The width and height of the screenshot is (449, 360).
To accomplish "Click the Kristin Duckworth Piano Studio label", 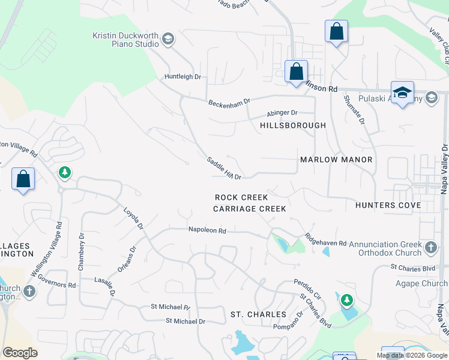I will (x=125, y=40).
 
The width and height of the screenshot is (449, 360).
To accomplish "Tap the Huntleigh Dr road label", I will (x=182, y=77).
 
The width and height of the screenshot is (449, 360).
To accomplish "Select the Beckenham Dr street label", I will (x=229, y=103).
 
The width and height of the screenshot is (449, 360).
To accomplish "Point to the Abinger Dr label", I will (x=282, y=113).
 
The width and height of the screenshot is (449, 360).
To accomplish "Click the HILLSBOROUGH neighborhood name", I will (x=293, y=125).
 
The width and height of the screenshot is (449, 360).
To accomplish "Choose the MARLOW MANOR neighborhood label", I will (x=336, y=160).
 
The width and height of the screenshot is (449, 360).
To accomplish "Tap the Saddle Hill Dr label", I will (x=224, y=169).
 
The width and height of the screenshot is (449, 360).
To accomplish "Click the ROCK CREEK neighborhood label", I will (x=241, y=197).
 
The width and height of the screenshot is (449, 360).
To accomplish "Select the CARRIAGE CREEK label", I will (x=250, y=209).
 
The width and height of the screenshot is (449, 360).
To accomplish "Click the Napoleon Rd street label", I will (x=206, y=230).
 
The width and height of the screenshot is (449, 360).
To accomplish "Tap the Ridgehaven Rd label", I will (x=325, y=240).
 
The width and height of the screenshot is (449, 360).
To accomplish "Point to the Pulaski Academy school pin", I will (x=402, y=94).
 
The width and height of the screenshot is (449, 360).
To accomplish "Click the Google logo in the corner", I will (x=20, y=353).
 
